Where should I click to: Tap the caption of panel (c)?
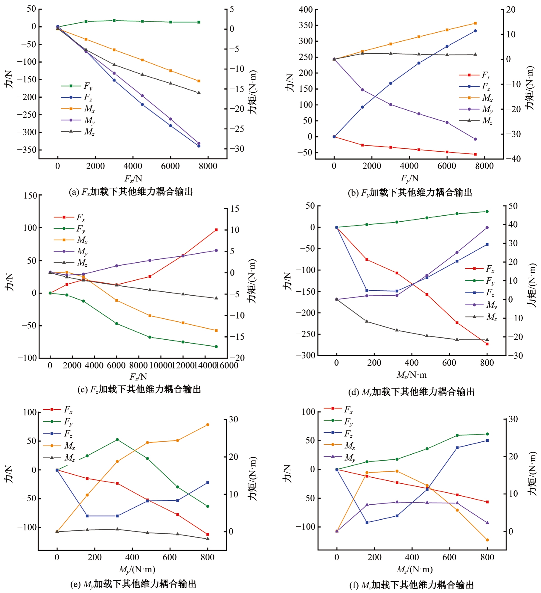(139, 389)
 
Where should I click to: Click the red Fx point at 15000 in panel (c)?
(216, 230)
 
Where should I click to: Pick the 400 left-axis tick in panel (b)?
(306, 10)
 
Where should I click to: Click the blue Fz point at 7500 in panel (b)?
(475, 31)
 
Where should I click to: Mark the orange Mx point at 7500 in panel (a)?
(199, 81)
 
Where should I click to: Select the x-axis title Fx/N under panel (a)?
(133, 178)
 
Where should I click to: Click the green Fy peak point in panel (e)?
(117, 440)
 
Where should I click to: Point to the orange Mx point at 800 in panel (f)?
(487, 540)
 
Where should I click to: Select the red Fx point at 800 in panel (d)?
(487, 344)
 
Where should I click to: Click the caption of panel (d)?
(412, 392)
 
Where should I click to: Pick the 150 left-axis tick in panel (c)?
(30, 196)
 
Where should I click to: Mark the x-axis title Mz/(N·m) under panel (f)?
(414, 569)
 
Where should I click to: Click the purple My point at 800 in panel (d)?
(487, 228)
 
